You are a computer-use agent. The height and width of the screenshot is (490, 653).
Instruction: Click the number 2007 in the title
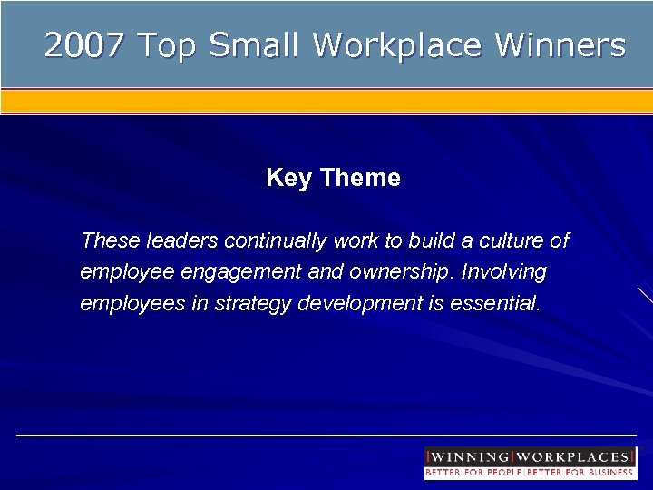coord(83,45)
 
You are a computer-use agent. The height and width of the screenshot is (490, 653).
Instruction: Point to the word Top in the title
coord(167,45)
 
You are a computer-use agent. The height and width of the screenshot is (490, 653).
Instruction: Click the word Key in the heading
coord(288,178)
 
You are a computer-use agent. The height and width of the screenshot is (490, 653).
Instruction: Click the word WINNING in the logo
coord(469,456)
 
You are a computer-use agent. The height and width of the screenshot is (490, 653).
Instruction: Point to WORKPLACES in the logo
coord(573,456)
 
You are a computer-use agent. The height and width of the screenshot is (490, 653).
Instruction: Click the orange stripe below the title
coord(326,100)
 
